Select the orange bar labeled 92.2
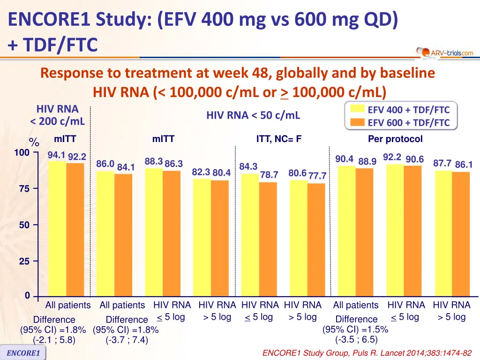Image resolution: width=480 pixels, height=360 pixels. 75,230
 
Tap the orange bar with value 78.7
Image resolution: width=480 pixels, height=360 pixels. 268,239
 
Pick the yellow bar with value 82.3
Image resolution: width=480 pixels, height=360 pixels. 202,237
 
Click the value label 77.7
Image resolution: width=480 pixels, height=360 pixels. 317,176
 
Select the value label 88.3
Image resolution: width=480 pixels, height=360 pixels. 154,161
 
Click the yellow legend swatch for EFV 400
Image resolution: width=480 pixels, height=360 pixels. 358,110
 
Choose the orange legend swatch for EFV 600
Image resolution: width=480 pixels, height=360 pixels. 358,123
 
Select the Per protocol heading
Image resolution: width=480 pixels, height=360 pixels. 395,139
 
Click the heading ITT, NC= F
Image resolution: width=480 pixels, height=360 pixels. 278,139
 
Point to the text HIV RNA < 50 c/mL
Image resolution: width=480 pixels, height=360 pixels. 253,115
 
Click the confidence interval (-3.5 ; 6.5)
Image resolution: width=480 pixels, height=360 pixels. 356,339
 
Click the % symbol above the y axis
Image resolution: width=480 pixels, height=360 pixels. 34,142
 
